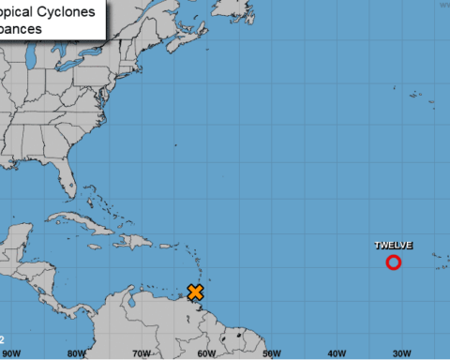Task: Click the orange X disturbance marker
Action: [196, 292]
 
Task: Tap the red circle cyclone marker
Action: [394, 262]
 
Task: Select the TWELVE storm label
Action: [394, 246]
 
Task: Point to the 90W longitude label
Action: [11, 353]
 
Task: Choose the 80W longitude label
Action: [76, 353]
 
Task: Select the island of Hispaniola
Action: [136, 240]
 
